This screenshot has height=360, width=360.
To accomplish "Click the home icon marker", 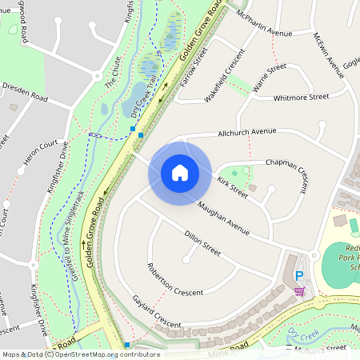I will (179, 173).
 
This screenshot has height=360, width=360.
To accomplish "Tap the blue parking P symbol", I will (299, 276).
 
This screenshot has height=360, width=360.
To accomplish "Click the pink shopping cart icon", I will (299, 290).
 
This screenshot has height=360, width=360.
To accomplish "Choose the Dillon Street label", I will (202, 243).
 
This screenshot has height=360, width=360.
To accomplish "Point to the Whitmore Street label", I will (301, 97).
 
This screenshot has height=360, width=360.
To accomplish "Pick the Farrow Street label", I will (194, 66).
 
